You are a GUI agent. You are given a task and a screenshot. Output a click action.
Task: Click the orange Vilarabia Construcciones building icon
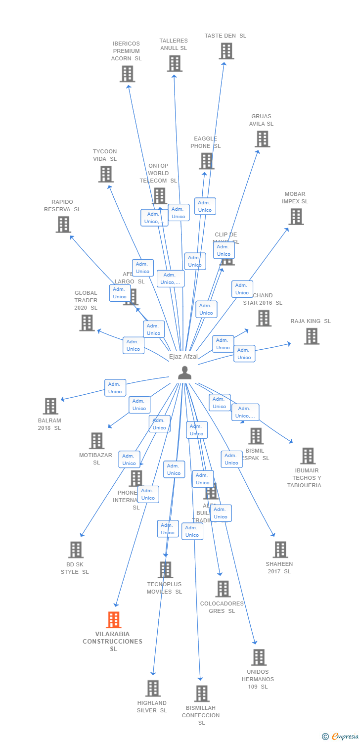[114, 620]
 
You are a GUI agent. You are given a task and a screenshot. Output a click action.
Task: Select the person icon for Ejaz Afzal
[184, 372]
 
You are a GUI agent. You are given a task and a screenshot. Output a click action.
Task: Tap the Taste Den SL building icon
[226, 51]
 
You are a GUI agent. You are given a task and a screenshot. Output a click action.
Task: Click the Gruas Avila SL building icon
[263, 139]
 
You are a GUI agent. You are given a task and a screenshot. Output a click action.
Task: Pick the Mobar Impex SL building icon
[296, 217]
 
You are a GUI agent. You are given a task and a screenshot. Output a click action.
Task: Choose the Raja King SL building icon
[312, 336]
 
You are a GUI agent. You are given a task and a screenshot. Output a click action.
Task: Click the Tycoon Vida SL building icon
[106, 174]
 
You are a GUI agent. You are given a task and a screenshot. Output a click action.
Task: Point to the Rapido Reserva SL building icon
[63, 225]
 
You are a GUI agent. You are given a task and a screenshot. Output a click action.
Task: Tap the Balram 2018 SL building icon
[50, 406]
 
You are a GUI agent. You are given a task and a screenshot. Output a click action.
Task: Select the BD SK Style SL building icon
[76, 550]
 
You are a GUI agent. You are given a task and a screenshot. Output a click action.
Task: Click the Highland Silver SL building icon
[153, 688]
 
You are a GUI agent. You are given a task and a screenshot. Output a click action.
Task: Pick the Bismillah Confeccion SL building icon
[202, 694]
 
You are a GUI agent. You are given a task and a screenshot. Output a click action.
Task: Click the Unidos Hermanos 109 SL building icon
[259, 657]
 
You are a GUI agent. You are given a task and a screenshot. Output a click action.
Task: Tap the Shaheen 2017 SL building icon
[280, 550]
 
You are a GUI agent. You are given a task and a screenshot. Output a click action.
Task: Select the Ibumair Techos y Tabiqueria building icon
[308, 456]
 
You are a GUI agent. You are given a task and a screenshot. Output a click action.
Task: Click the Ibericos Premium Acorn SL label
[126, 51]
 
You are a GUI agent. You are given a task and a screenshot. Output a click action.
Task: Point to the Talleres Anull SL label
[174, 45]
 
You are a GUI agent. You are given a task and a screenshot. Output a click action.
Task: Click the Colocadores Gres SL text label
[222, 607]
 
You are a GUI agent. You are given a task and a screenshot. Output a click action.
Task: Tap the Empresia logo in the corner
[341, 737]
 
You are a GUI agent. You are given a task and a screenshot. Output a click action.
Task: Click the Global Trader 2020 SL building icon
[87, 323]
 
